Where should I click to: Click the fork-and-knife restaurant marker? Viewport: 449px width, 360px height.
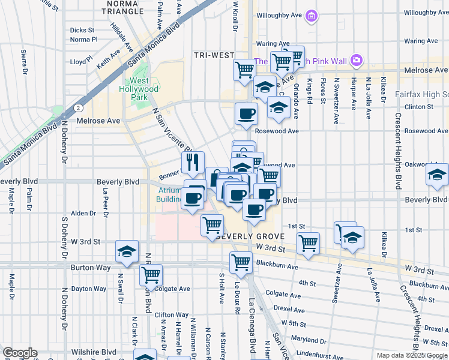[193, 162]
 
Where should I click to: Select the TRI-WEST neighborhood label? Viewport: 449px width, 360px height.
[214, 55]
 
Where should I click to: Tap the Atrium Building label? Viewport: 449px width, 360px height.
[169, 195]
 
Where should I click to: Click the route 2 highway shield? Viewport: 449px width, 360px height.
[79, 107]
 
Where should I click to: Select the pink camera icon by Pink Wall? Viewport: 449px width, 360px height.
[357, 59]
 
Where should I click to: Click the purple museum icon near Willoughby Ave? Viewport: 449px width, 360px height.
[311, 16]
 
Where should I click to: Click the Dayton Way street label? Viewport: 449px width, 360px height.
[89, 289]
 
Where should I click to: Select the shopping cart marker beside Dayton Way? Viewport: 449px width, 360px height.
[151, 275]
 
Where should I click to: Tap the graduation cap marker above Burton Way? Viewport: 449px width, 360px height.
[127, 252]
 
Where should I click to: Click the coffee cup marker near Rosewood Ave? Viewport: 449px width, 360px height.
[245, 113]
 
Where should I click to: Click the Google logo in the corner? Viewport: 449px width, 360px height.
[19, 353]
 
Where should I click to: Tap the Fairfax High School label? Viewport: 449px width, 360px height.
[422, 95]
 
